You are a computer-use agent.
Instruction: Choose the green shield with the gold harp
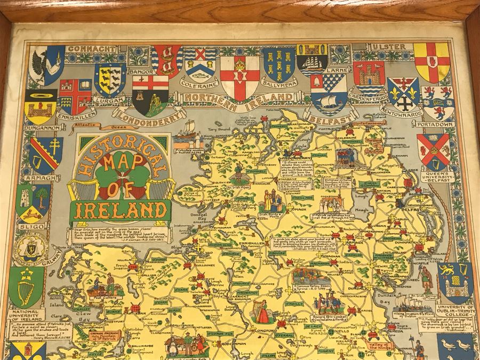26,286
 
